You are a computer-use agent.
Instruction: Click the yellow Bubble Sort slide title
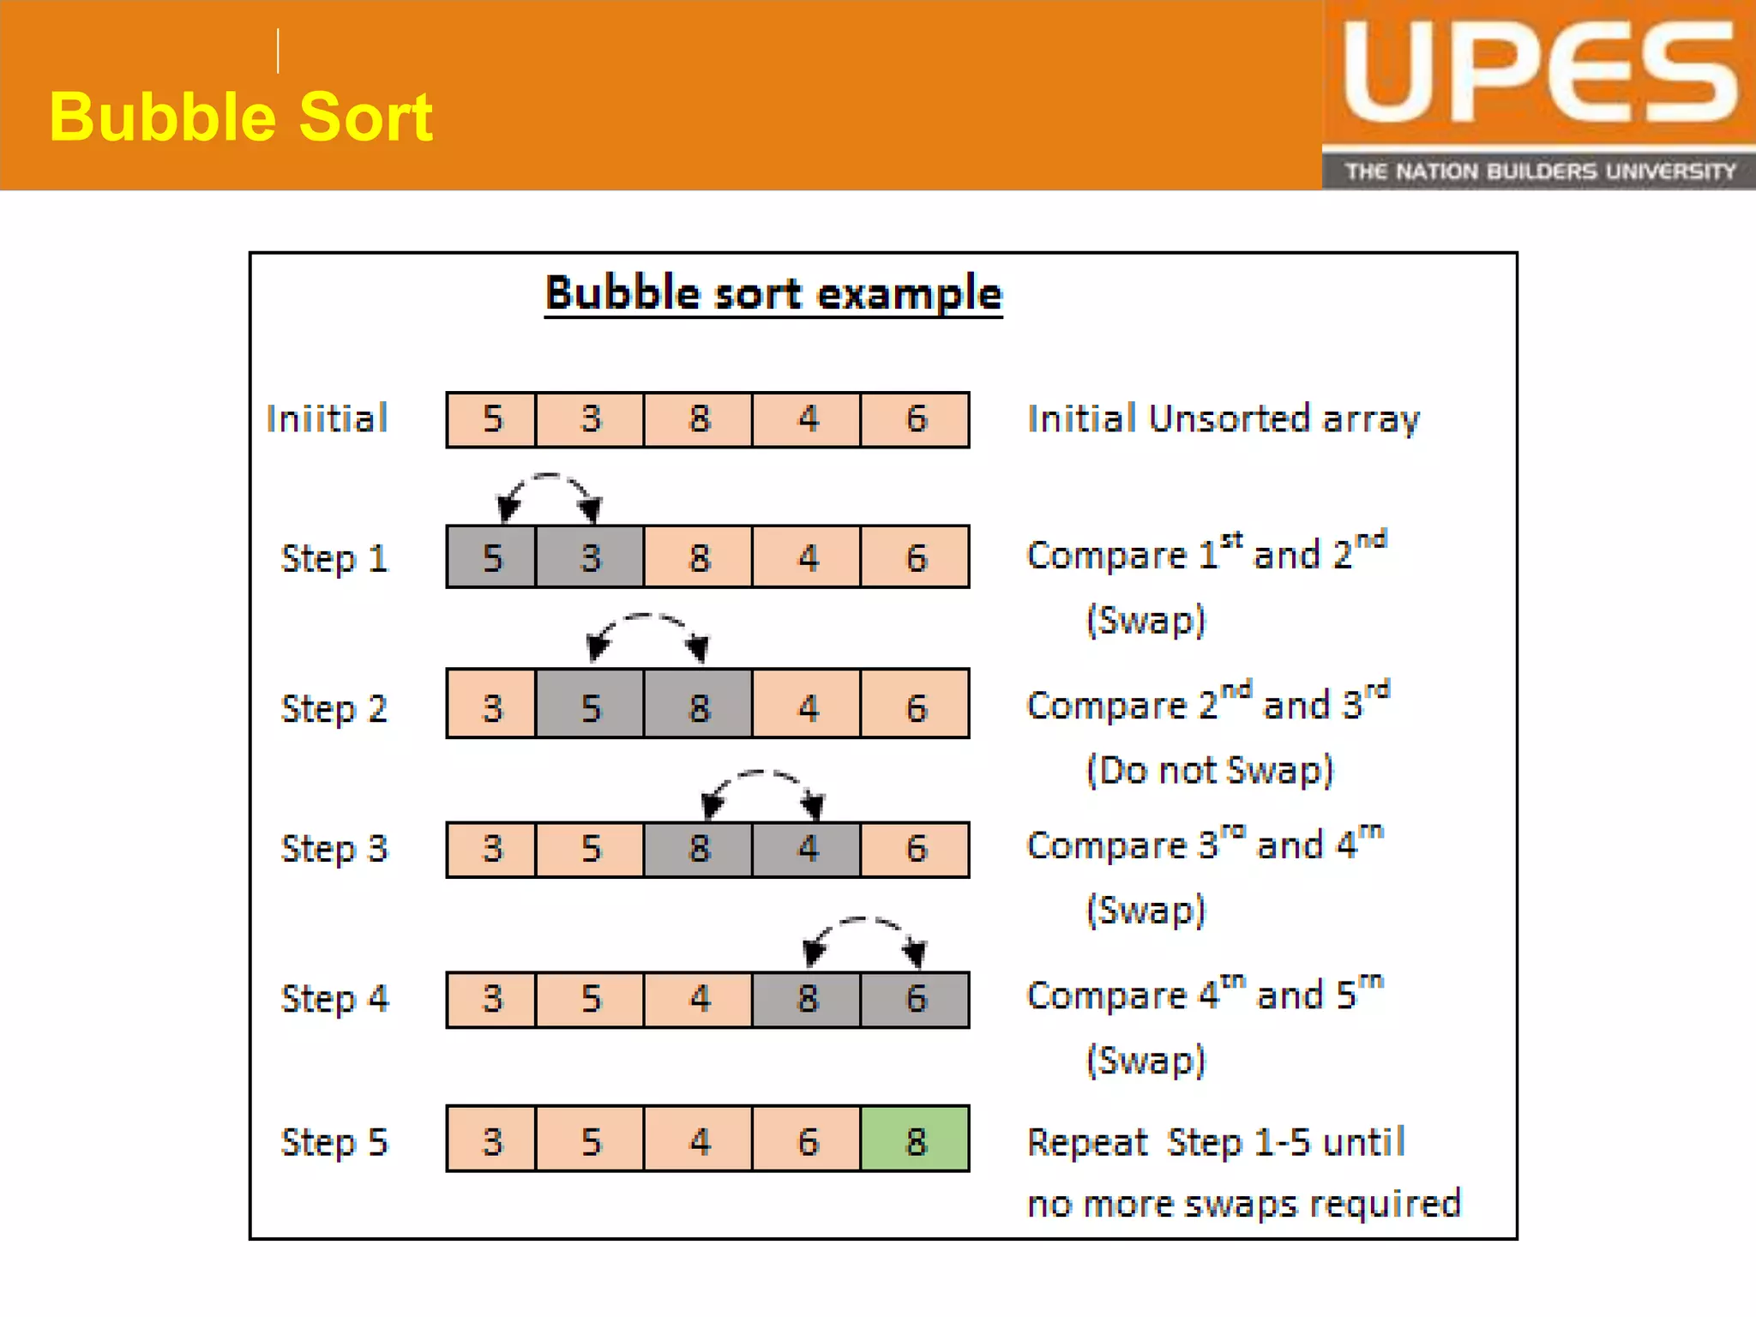pyautogui.click(x=241, y=117)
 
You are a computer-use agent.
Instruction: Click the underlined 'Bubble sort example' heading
pyautogui.click(x=773, y=294)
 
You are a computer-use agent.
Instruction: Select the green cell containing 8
pyautogui.click(x=915, y=1140)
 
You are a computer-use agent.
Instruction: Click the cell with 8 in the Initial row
pyautogui.click(x=698, y=419)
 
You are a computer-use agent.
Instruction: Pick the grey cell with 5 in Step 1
pyautogui.click(x=491, y=557)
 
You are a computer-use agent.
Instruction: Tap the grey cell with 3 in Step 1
pyautogui.click(x=590, y=557)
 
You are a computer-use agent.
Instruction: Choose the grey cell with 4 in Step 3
pyautogui.click(x=806, y=849)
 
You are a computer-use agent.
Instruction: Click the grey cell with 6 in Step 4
pyautogui.click(x=915, y=999)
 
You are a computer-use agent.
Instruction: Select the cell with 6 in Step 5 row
pyautogui.click(x=806, y=1140)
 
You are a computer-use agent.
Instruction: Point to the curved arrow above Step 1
pyautogui.click(x=549, y=492)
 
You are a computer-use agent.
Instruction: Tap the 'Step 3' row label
pyautogui.click(x=334, y=849)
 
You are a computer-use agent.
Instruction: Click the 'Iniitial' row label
pyautogui.click(x=327, y=419)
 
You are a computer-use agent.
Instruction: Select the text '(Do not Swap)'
pyautogui.click(x=1210, y=770)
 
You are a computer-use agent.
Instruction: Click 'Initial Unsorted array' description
pyautogui.click(x=1224, y=419)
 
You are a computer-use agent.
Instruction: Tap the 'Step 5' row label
pyautogui.click(x=334, y=1142)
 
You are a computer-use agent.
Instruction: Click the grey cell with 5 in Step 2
pyautogui.click(x=590, y=707)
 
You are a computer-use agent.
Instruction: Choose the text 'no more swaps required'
pyautogui.click(x=1244, y=1204)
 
